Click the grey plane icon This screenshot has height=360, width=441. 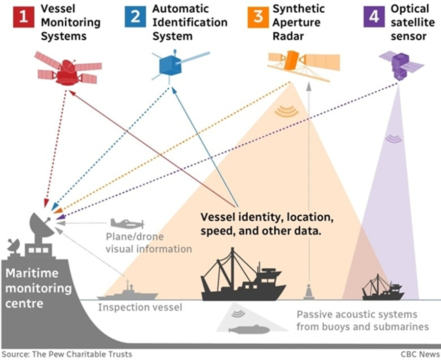(127, 224)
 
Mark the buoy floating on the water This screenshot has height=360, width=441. (309, 292)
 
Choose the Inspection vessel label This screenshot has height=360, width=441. (140, 308)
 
